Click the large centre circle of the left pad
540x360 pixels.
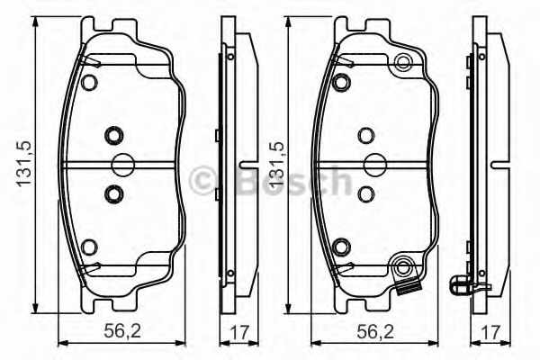(x=121, y=164)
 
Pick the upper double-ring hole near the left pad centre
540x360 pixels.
(x=112, y=136)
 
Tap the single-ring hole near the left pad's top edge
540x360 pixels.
(x=88, y=82)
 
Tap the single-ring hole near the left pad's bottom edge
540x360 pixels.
(x=88, y=247)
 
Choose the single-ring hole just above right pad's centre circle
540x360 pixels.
(x=364, y=136)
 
